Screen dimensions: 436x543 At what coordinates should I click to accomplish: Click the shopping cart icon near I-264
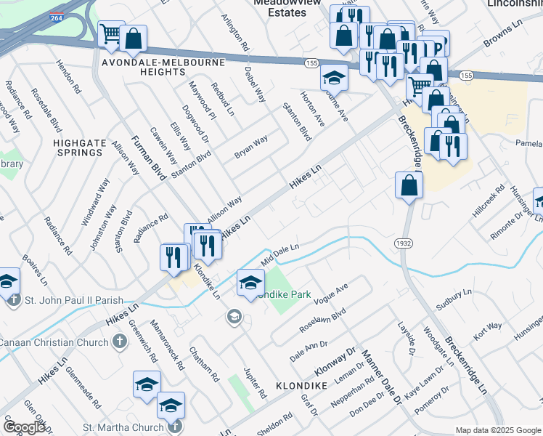point(110,34)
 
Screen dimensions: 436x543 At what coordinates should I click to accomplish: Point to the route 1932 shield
point(405,241)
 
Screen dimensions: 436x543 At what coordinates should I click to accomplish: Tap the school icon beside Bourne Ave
point(334,77)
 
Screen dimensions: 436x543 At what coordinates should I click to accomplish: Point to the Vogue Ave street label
point(332,297)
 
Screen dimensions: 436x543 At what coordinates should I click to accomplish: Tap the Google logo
point(23,428)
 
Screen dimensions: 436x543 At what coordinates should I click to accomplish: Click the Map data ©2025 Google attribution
point(497,430)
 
